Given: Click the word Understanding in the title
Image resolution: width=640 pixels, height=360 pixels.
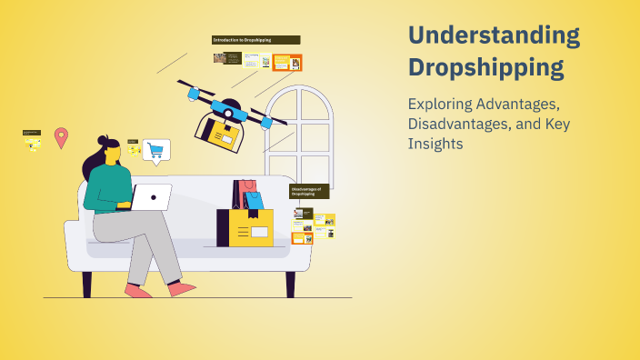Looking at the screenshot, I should [x=494, y=35].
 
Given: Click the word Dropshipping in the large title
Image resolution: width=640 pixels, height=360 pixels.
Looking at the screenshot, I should [x=485, y=67].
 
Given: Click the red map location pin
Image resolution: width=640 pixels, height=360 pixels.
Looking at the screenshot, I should [x=61, y=137].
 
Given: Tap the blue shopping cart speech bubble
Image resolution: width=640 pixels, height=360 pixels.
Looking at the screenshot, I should [x=156, y=150].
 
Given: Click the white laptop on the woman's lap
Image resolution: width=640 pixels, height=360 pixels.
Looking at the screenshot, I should [x=150, y=195].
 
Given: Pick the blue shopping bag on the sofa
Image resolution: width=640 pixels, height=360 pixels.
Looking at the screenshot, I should [x=254, y=200].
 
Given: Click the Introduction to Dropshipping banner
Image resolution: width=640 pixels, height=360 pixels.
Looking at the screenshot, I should [x=255, y=40].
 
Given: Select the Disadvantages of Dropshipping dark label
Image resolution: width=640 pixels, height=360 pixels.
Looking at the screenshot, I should [x=309, y=191].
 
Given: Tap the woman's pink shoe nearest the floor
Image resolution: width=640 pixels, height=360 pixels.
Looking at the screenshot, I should [x=138, y=291].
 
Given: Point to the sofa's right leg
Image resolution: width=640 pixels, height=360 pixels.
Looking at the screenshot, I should [x=291, y=284].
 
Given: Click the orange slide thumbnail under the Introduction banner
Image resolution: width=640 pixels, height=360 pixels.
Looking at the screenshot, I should [x=287, y=62].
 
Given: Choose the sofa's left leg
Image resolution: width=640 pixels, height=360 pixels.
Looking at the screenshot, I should [x=87, y=284].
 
